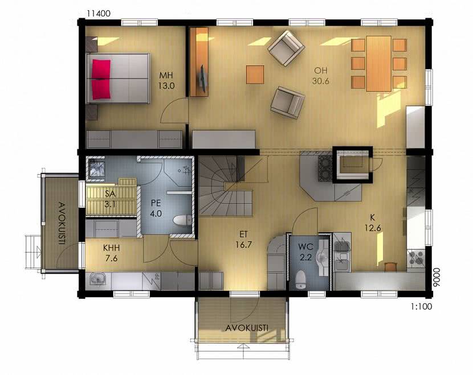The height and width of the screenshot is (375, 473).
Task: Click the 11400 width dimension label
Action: click(99, 14)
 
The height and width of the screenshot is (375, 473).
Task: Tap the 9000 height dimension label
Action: click(436, 279)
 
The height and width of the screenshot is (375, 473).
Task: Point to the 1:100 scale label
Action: click(421, 307)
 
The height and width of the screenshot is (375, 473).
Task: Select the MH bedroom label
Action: click(166, 75)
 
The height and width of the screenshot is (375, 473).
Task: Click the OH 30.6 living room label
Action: click(321, 76)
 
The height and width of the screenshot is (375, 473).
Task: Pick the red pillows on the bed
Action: click(101, 79)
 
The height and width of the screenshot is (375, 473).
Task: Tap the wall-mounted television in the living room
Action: click(203, 79)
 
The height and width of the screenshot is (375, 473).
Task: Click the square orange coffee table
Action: click(255, 75)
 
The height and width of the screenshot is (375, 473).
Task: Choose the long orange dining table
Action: click(379, 64)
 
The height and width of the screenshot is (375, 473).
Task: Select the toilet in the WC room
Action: click(301, 279)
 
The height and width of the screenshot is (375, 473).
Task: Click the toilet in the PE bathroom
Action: click(182, 220)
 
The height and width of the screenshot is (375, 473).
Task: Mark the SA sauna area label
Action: click(111, 193)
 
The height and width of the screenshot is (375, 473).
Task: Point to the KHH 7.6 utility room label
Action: click(112, 253)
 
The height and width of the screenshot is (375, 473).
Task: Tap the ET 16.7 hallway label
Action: click(244, 240)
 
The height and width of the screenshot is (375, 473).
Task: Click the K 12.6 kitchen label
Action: click(373, 222)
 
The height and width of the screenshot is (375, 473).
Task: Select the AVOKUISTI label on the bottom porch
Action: click(247, 328)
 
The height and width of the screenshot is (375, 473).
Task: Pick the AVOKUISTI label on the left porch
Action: click(63, 223)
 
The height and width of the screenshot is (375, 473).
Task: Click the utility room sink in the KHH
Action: click(98, 279)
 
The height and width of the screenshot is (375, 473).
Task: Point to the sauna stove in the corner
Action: click(96, 168)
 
